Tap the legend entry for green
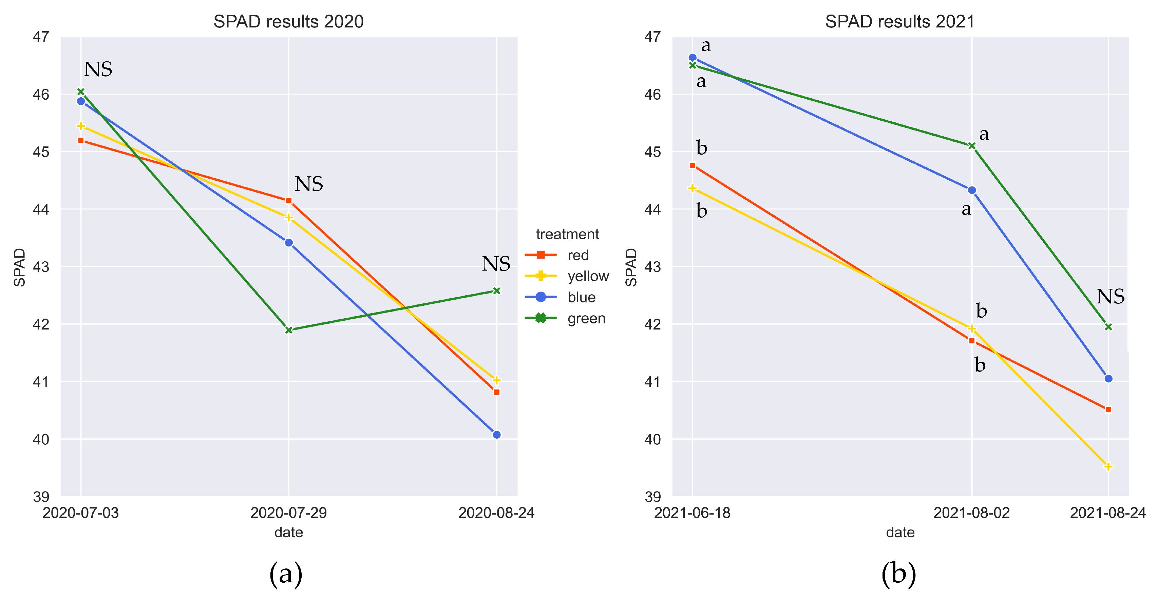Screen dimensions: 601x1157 click(586, 318)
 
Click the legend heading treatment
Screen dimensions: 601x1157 click(567, 234)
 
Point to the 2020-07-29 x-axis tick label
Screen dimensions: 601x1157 click(288, 513)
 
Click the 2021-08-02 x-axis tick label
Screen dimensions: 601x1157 click(971, 513)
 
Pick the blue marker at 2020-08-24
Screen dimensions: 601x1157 click(496, 435)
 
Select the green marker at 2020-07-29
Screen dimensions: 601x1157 click(289, 330)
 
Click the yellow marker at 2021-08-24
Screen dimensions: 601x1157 click(1108, 467)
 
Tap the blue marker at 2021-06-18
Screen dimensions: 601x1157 click(692, 57)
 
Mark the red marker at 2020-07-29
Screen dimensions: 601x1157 click(289, 201)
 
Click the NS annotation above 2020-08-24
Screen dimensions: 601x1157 click(496, 264)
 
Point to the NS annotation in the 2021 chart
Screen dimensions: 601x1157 click(1110, 297)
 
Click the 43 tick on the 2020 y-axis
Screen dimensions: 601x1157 click(41, 267)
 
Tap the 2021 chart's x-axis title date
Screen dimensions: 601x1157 click(900, 532)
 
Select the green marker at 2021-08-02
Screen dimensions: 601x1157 click(971, 146)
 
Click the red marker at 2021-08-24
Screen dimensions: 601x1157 click(1108, 409)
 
